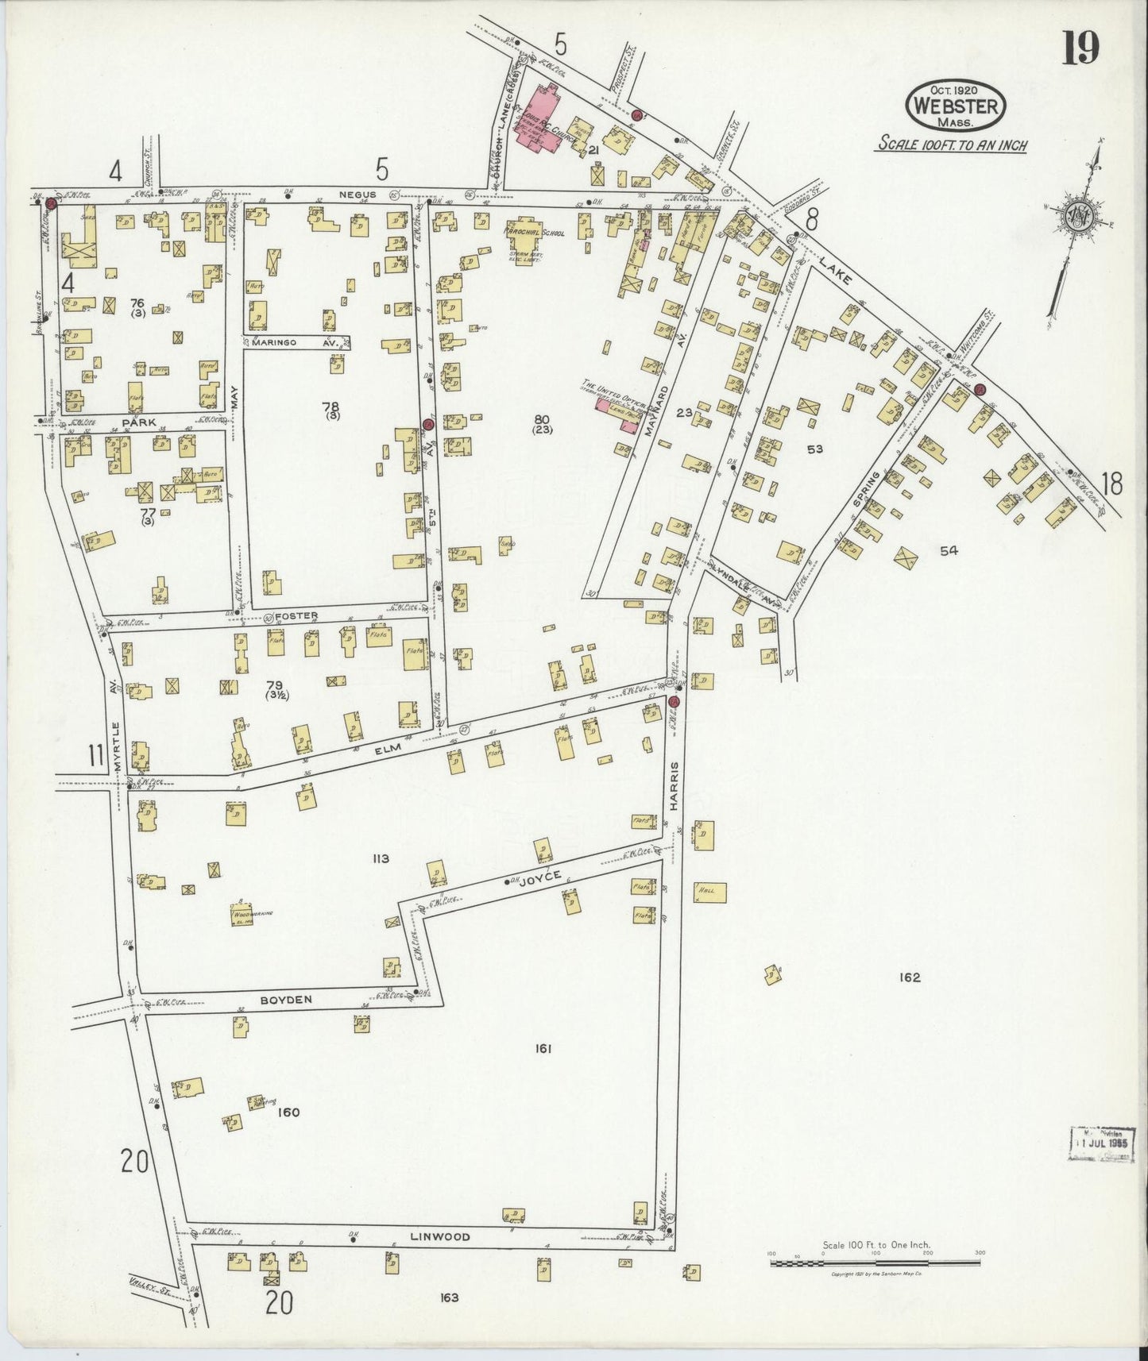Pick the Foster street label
pyautogui.click(x=296, y=615)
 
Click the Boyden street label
pyautogui.click(x=286, y=1001)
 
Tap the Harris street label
pyautogui.click(x=674, y=786)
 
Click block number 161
pyautogui.click(x=543, y=1049)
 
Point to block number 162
pyautogui.click(x=910, y=977)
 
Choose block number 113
pyautogui.click(x=381, y=858)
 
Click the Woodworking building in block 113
pyautogui.click(x=243, y=914)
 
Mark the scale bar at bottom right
pyautogui.click(x=875, y=1262)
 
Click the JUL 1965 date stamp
pyautogui.click(x=1103, y=1144)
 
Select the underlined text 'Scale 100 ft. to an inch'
pyautogui.click(x=952, y=145)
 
